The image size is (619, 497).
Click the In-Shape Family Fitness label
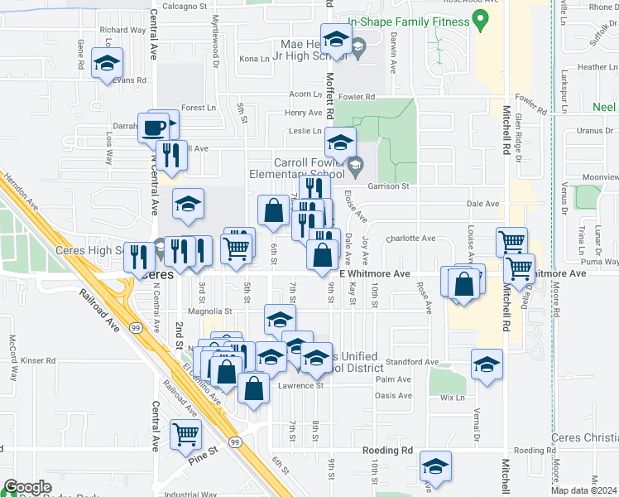(x=406, y=22)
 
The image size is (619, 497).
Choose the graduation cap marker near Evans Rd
(x=107, y=63)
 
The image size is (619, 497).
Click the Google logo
(x=28, y=488)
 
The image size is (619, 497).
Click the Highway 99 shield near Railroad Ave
(x=134, y=329)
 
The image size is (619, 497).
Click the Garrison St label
(x=395, y=186)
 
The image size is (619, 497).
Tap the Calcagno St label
(x=184, y=6)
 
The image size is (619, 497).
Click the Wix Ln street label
(x=453, y=398)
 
